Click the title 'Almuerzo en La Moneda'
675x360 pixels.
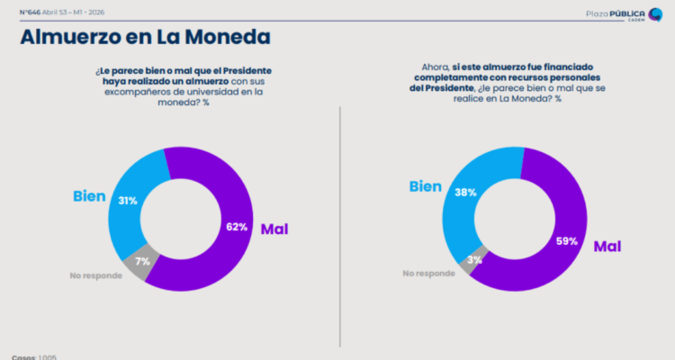[x=144, y=37]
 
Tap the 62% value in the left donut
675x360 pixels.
[x=237, y=227]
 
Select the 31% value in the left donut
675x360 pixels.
[x=127, y=200]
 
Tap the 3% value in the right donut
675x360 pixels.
[x=474, y=259]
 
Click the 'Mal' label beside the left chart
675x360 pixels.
[x=274, y=229]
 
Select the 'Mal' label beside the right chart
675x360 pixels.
[x=607, y=245]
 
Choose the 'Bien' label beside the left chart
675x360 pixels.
[x=90, y=195]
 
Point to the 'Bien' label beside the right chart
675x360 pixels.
[x=425, y=186]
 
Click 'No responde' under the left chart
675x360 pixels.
[x=94, y=274]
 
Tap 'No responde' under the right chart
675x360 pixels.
[x=429, y=273]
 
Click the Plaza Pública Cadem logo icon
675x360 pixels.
[x=655, y=14]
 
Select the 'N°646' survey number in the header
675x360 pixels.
[x=31, y=14]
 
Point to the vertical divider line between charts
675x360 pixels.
[x=340, y=225]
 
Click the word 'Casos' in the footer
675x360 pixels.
[x=23, y=357]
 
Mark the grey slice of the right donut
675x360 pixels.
[x=479, y=255]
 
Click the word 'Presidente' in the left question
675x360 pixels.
[x=248, y=69]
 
